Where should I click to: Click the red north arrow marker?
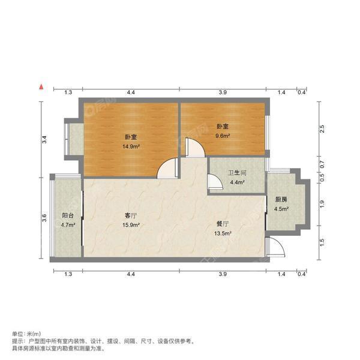[x=40, y=88]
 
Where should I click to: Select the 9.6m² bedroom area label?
[x=223, y=136]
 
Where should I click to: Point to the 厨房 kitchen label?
[x=281, y=200]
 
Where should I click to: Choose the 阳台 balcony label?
[x=68, y=215]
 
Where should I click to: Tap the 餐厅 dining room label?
[x=223, y=224]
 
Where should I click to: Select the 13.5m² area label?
[x=223, y=234]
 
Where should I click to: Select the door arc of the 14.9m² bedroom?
[x=167, y=169]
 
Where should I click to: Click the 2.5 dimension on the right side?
[x=322, y=128]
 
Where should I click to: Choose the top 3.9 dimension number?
[x=222, y=92]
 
